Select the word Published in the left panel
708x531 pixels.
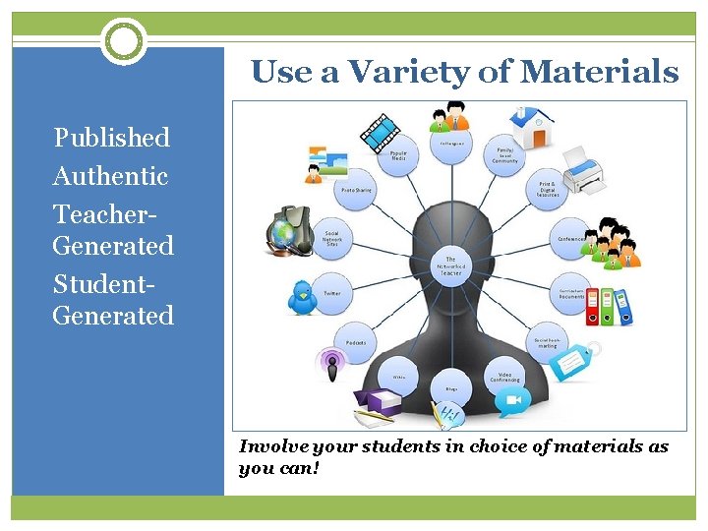(111, 138)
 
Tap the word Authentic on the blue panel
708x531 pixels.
(110, 177)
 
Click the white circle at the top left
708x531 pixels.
(123, 41)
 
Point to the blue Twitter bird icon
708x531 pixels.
(302, 295)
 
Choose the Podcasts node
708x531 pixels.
(356, 342)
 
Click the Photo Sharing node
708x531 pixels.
(356, 190)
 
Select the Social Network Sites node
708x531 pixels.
(332, 240)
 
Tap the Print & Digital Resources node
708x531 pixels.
(548, 190)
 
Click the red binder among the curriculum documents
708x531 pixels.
(591, 307)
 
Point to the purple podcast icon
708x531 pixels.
(331, 364)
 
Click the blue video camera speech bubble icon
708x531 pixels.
(512, 401)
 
